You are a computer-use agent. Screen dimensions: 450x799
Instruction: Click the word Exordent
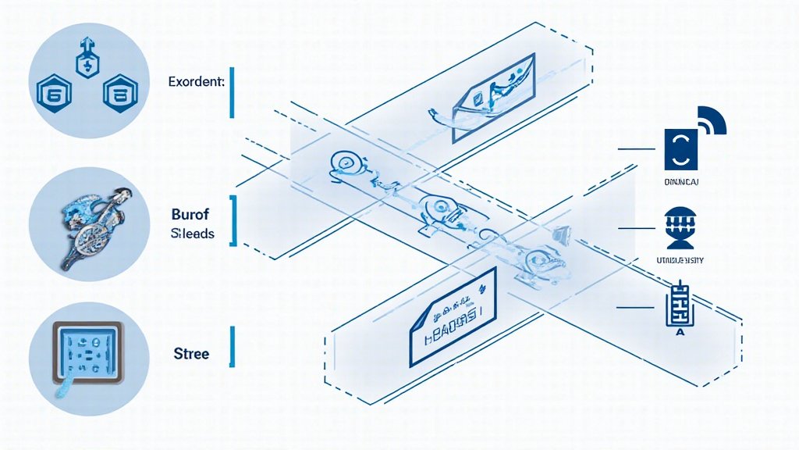tap(196, 81)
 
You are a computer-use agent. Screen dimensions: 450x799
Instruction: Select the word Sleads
tap(191, 234)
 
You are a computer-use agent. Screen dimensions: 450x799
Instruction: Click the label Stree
tap(190, 354)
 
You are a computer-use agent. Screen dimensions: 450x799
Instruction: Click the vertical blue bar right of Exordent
tap(232, 92)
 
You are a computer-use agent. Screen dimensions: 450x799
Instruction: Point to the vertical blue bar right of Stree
tap(232, 347)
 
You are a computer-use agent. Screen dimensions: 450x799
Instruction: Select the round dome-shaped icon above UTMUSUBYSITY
tap(677, 226)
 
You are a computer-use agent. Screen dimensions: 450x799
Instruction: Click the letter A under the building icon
tap(678, 332)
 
